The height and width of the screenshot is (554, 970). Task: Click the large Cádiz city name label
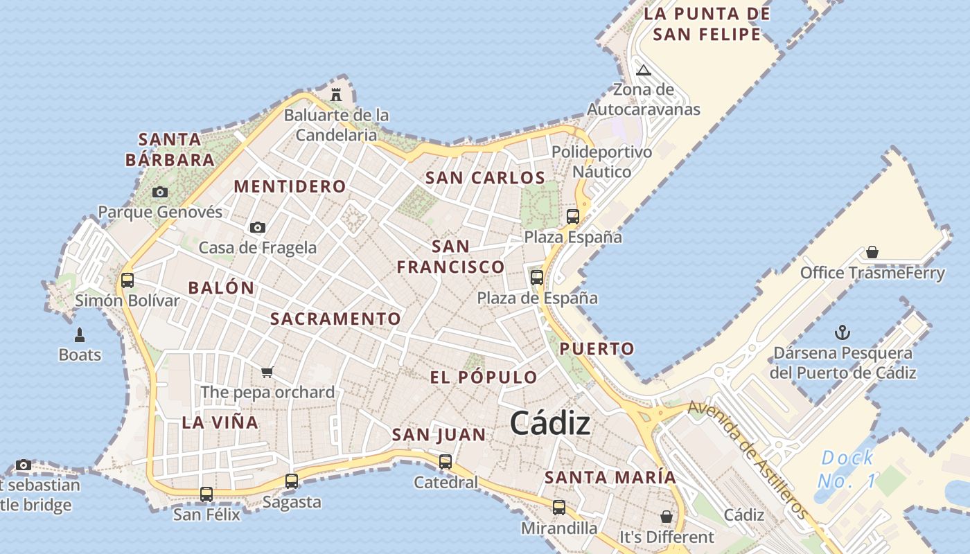coord(550,424)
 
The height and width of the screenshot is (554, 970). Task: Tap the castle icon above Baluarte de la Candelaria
coord(336,94)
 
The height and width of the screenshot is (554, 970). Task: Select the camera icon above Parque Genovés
coord(160,192)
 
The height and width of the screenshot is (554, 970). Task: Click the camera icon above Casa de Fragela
coord(258,227)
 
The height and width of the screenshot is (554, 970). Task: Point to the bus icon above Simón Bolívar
coord(127,280)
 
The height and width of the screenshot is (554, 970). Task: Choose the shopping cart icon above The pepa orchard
coord(267,372)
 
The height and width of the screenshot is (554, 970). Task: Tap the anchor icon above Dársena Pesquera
coord(843,332)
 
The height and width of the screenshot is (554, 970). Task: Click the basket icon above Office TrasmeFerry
coord(872,252)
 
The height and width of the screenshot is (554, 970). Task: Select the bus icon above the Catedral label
coord(446,461)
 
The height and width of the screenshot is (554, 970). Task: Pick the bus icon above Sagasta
coord(292,481)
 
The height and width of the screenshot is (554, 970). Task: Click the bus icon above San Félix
coord(206,494)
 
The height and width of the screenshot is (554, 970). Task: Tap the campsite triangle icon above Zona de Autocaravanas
coord(644,70)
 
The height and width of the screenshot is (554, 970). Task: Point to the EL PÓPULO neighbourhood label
coord(484,377)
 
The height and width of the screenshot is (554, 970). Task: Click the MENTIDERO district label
coord(290,186)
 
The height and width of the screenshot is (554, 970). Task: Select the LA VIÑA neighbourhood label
coord(220,422)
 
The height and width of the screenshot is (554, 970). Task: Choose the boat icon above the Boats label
coord(80,336)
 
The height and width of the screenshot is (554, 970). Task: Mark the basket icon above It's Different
coord(666,517)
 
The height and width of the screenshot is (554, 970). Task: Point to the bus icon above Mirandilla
coord(559,508)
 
